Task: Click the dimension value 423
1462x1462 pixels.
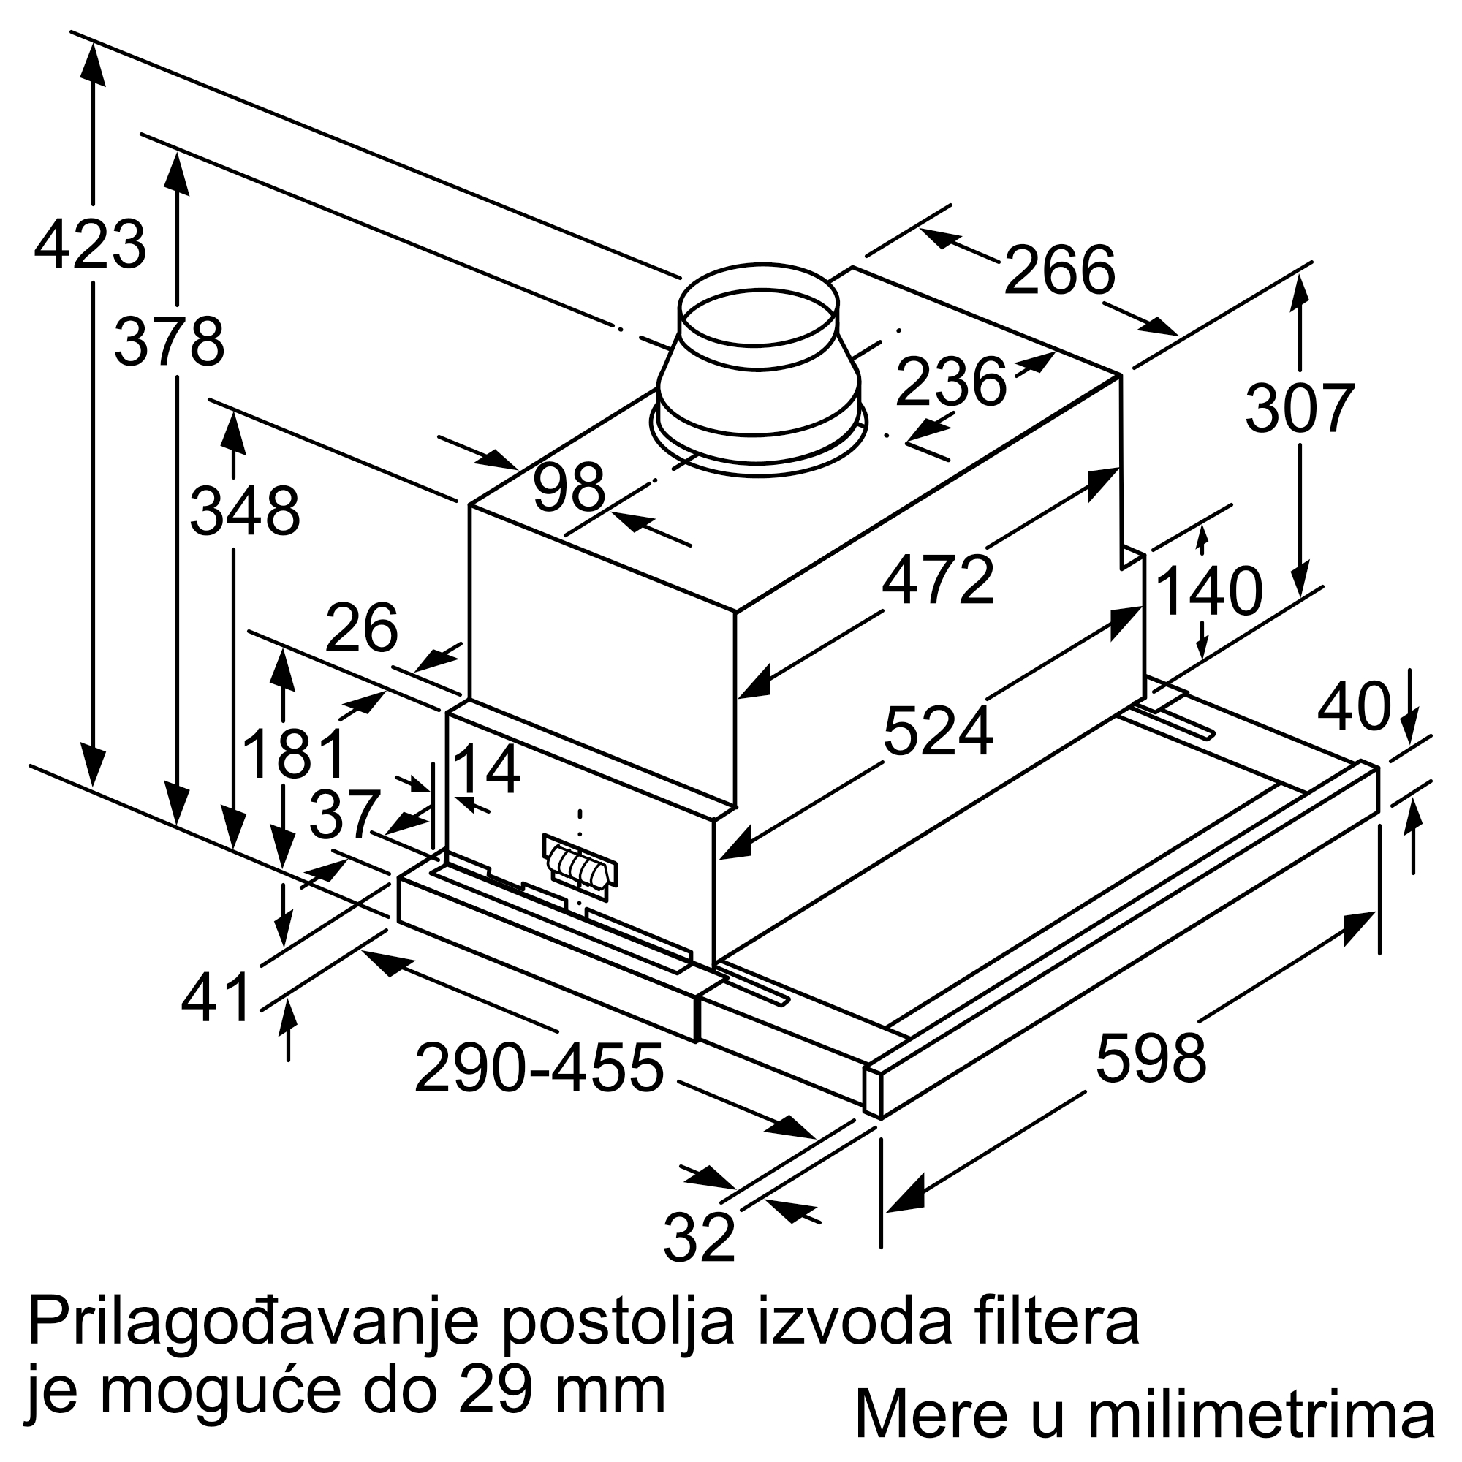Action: coord(90,244)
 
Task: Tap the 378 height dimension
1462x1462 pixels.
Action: coord(170,343)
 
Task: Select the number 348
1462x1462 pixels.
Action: coord(244,512)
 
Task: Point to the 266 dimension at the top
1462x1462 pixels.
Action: coord(1058,271)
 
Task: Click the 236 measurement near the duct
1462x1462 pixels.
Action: coord(950,382)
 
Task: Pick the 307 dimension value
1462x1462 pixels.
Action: coord(1299,409)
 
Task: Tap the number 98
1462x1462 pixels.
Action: coord(569,488)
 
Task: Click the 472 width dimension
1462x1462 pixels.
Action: coord(938,580)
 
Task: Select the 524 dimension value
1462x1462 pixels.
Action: coord(938,731)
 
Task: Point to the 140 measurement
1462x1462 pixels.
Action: coord(1208,592)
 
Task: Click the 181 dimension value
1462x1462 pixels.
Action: coord(294,754)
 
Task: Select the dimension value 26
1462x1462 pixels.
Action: coord(362,627)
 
